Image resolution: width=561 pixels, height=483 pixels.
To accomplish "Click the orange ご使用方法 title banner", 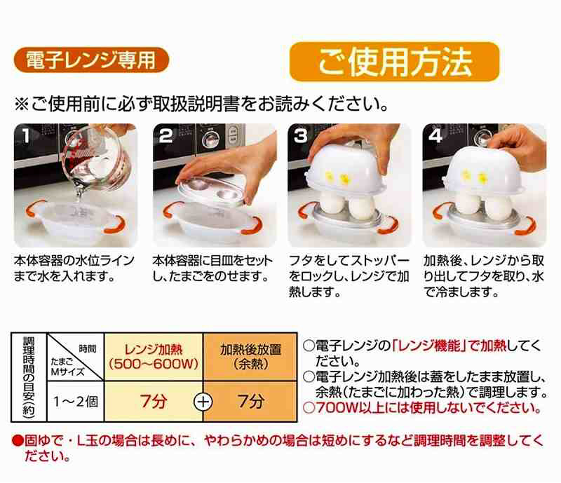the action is pyautogui.click(x=394, y=62).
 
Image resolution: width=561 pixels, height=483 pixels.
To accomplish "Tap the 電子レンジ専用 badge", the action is pyautogui.click(x=91, y=60).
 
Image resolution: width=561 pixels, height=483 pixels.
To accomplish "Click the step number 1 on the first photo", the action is pyautogui.click(x=25, y=136).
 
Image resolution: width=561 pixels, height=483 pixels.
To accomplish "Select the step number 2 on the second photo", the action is pyautogui.click(x=165, y=136).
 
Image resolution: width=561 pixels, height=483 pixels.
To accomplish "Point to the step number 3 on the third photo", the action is pyautogui.click(x=301, y=136).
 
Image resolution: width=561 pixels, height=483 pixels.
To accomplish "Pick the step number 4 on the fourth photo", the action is pyautogui.click(x=435, y=136).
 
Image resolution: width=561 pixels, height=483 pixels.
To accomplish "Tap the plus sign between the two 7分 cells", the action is pyautogui.click(x=203, y=402).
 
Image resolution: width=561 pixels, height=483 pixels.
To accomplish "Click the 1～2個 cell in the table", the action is pyautogui.click(x=76, y=402).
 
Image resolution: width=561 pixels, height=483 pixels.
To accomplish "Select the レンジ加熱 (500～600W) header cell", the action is pyautogui.click(x=154, y=357).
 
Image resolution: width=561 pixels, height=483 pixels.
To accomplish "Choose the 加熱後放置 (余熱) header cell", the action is pyautogui.click(x=250, y=357).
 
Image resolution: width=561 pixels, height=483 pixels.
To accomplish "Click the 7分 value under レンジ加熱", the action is pyautogui.click(x=154, y=402).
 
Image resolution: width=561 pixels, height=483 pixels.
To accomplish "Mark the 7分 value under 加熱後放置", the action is pyautogui.click(x=251, y=402).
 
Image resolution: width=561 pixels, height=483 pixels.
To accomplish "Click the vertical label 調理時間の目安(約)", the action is pyautogui.click(x=29, y=377).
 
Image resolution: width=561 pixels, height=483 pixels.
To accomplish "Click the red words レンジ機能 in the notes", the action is pyautogui.click(x=428, y=346).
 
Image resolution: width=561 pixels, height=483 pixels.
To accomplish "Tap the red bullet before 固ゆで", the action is pyautogui.click(x=17, y=440).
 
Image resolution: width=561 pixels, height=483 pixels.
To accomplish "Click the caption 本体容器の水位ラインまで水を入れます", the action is pyautogui.click(x=74, y=268).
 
